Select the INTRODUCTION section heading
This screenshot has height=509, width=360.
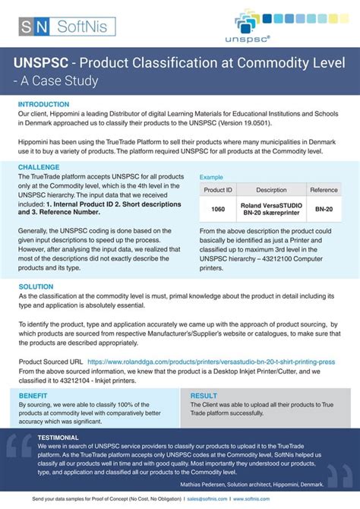[43, 104]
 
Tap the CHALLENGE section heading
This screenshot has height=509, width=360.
[39, 166]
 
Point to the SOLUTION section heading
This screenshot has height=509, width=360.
[36, 287]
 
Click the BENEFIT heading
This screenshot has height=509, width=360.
[33, 396]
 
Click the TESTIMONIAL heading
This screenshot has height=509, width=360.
[58, 438]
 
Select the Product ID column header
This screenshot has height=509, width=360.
[218, 190]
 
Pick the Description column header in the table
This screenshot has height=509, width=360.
[271, 190]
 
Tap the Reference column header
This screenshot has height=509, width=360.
[324, 190]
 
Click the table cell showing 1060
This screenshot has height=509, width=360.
[218, 209]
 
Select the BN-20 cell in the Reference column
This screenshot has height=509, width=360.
[324, 209]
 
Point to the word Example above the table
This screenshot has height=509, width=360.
[211, 176]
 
